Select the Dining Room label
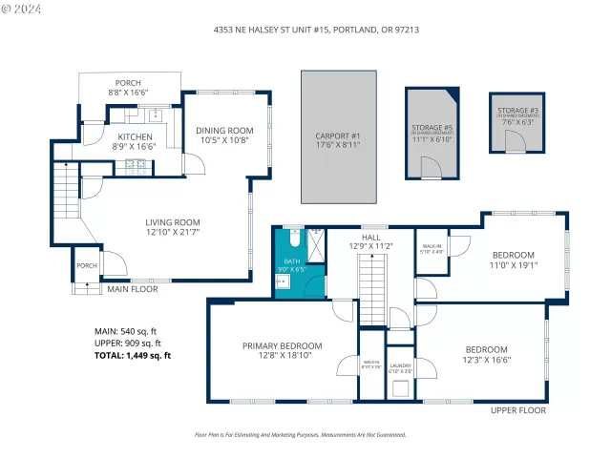click(224, 135)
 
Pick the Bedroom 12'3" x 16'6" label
click(486, 354)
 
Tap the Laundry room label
click(400, 367)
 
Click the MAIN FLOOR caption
click(132, 289)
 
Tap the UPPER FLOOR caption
click(518, 410)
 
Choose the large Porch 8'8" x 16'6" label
click(129, 88)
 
